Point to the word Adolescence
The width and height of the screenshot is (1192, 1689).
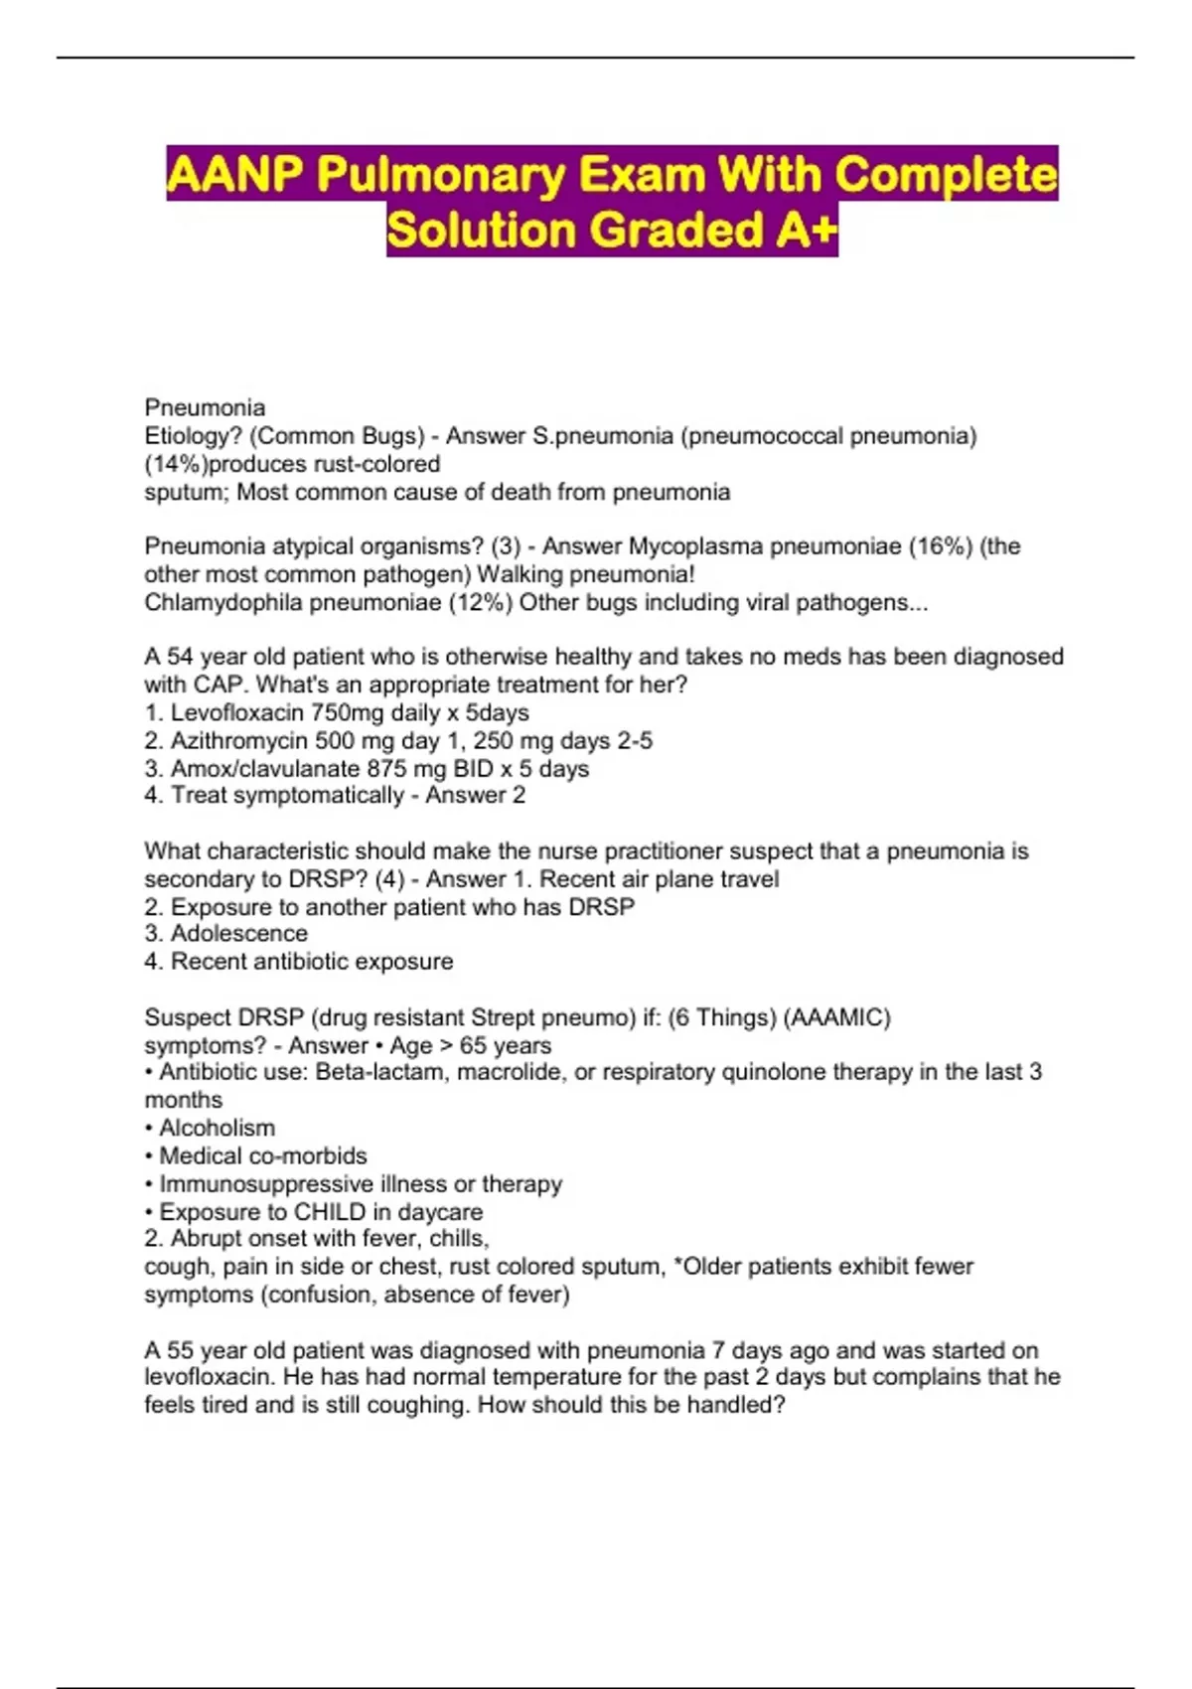click(x=238, y=934)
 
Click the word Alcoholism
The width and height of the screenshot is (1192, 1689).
click(x=217, y=1128)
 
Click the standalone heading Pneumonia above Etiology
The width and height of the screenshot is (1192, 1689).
click(x=205, y=407)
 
